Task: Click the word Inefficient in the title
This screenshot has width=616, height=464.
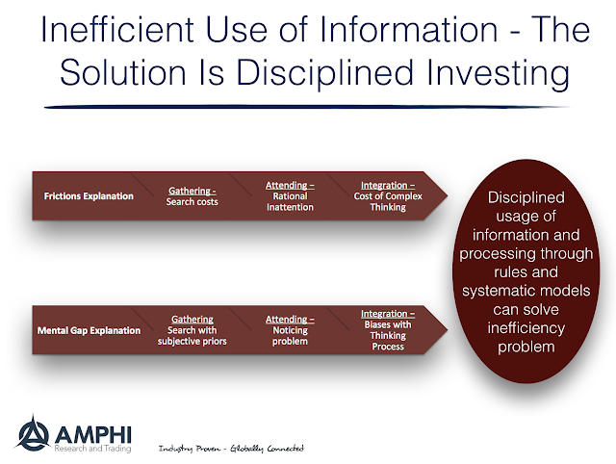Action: [117, 30]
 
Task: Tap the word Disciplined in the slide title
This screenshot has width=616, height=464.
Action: [325, 73]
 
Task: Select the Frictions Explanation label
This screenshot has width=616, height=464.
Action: [89, 196]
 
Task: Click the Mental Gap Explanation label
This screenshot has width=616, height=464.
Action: [89, 330]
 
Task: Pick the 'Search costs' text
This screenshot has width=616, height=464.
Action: [192, 202]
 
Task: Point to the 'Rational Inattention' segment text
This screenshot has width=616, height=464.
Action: [290, 201]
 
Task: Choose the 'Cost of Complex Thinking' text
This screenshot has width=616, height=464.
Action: [388, 201]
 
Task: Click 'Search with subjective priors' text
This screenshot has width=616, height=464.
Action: [192, 336]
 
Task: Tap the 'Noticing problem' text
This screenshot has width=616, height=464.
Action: [290, 336]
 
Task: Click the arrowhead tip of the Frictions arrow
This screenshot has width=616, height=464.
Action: [448, 195]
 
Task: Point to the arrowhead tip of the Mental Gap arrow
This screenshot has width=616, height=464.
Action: [448, 329]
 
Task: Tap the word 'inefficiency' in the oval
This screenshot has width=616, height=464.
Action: [526, 328]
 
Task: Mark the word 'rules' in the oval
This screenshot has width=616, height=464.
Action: [510, 271]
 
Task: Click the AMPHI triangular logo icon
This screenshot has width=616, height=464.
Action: [33, 433]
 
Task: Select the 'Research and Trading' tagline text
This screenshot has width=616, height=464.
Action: [92, 449]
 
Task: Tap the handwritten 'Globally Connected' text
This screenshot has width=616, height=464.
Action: [267, 449]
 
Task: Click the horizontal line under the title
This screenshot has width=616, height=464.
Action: [307, 107]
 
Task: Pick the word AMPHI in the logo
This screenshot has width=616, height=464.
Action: [93, 434]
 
